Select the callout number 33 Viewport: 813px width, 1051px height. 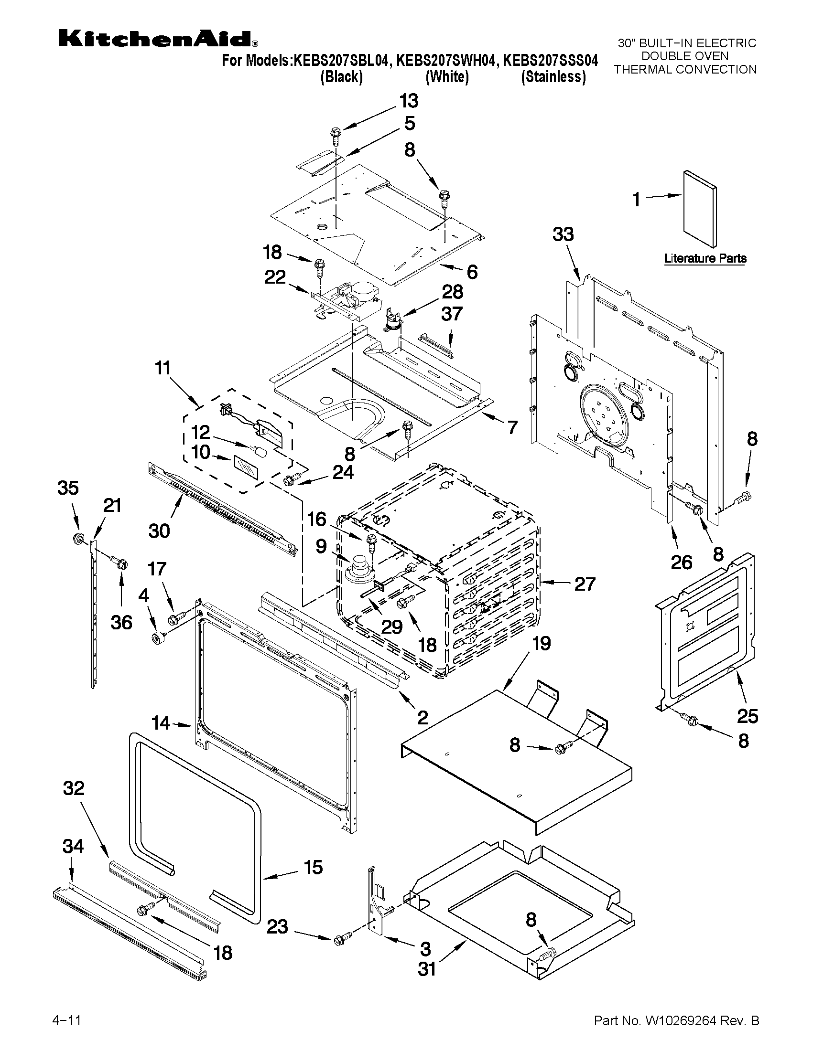[563, 234]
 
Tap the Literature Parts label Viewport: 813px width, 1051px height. [705, 258]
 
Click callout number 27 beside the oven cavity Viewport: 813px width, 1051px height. [585, 583]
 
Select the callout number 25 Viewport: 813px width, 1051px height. [748, 716]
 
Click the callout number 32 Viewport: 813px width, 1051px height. [74, 788]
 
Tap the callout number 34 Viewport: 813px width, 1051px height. [73, 846]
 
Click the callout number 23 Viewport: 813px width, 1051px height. [277, 926]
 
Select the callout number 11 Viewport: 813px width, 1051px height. [163, 368]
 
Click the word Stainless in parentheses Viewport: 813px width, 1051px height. [553, 77]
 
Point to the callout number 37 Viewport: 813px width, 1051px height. [452, 314]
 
